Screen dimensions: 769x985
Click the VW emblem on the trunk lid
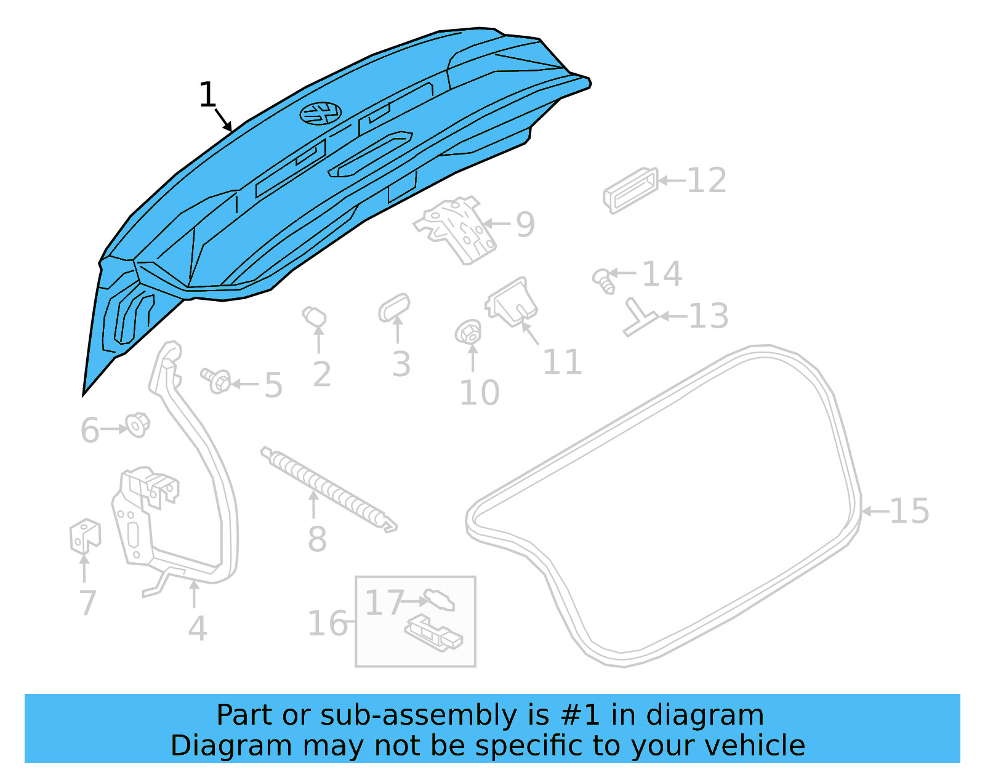(321, 113)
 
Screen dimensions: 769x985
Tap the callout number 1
(207, 95)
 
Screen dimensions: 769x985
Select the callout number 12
(706, 181)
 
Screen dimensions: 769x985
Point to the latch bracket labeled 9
(458, 229)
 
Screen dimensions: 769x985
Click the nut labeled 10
(469, 333)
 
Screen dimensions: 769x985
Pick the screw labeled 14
(603, 280)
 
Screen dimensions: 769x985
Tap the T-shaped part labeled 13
(639, 318)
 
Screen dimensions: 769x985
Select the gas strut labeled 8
(328, 488)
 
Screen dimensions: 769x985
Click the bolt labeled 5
(216, 380)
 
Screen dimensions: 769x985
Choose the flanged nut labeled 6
(138, 425)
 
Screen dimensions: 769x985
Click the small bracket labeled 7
(84, 536)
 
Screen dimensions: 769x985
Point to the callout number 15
(909, 511)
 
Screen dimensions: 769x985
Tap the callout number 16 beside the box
(328, 624)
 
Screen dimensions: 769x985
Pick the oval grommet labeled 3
(394, 307)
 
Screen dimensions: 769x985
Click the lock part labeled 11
(512, 302)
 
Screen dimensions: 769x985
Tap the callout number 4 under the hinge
(197, 629)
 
